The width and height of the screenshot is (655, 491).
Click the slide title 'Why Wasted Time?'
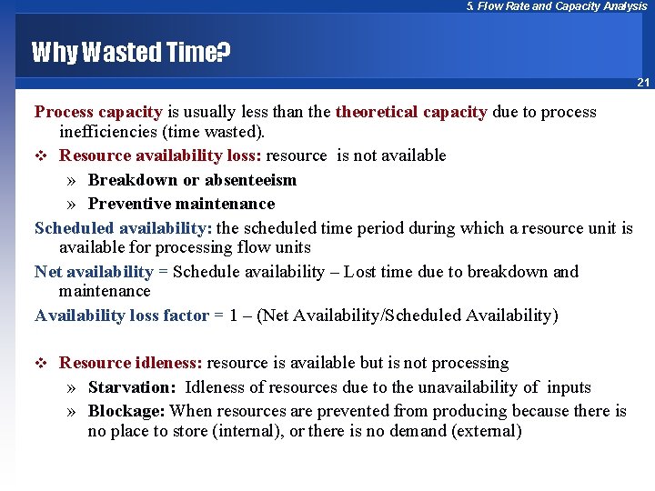click(131, 53)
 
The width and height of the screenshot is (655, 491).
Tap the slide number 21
click(643, 83)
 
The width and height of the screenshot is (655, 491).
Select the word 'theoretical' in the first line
click(373, 113)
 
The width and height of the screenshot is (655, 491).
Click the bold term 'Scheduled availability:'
click(123, 228)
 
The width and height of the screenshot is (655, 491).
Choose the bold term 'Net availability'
click(94, 272)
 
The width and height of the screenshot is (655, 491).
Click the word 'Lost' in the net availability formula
click(362, 272)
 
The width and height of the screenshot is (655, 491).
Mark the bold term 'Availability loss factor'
click(121, 316)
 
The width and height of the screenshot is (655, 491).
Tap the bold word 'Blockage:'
click(126, 411)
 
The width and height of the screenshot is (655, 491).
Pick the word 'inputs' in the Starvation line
click(569, 388)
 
